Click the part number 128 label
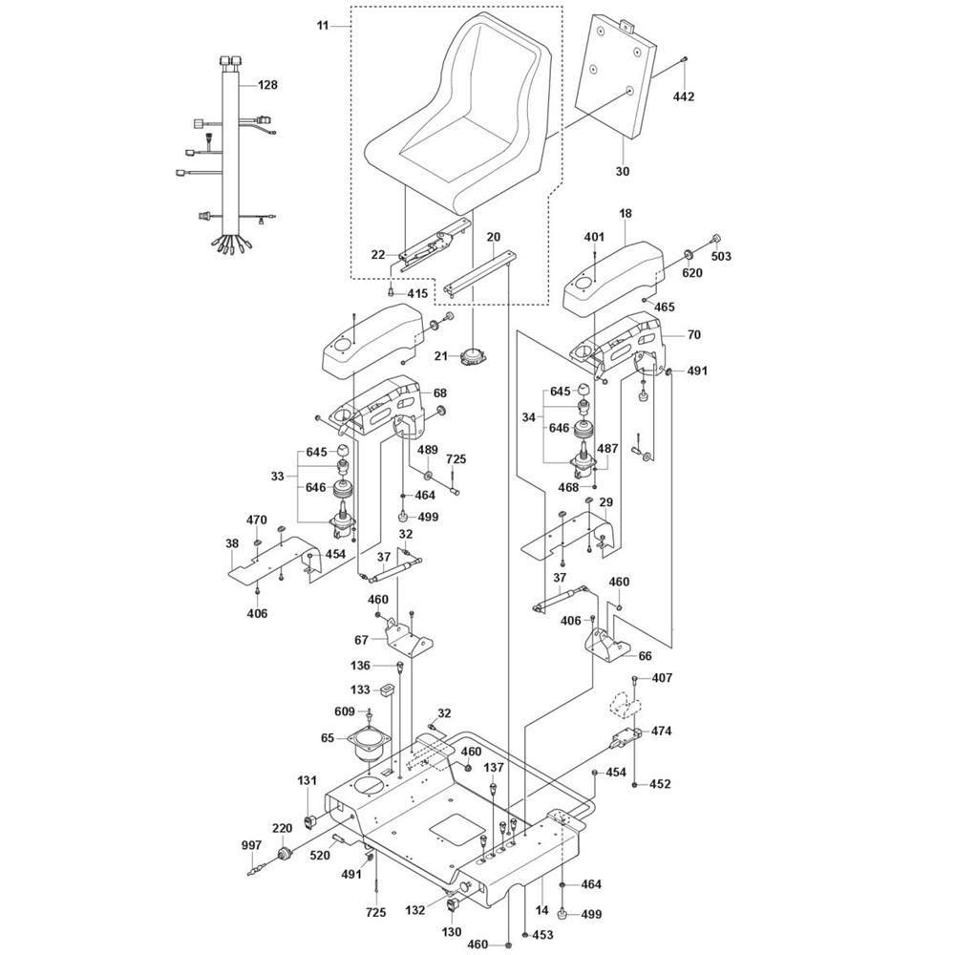click(267, 85)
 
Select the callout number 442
click(684, 96)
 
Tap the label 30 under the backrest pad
click(622, 172)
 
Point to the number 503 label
click(721, 256)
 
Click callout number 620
click(691, 273)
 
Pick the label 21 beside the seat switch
click(441, 355)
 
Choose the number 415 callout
click(418, 293)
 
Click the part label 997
click(251, 845)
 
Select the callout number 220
click(282, 828)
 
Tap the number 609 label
click(345, 711)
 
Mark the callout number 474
click(662, 731)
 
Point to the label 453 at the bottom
click(542, 934)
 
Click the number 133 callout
click(361, 690)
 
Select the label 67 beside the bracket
click(361, 640)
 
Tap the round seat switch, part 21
click(473, 356)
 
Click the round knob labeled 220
click(284, 854)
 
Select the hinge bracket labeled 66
click(607, 645)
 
